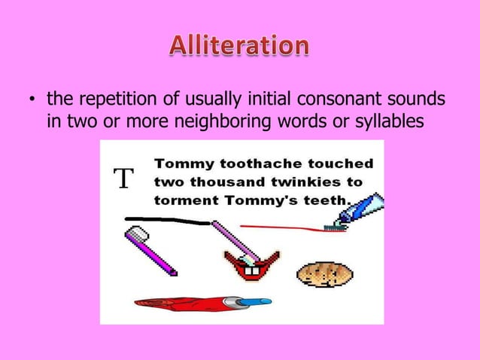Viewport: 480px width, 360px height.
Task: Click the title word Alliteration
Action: coord(238,47)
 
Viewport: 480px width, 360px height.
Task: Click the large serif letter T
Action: coord(123,179)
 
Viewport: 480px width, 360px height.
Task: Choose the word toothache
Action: coord(245,163)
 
